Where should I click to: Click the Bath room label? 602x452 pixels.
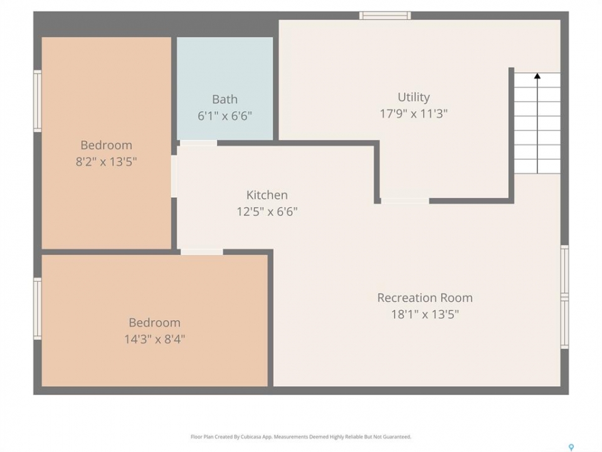[224, 99]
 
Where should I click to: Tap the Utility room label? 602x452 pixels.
[413, 97]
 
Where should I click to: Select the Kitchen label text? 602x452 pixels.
[267, 195]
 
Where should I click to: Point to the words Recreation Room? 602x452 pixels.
[425, 298]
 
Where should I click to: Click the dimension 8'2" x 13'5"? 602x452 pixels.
[106, 161]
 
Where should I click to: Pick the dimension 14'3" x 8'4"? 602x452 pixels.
[154, 339]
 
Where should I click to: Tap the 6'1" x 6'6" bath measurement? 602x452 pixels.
[224, 116]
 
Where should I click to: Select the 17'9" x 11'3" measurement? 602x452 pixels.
[413, 114]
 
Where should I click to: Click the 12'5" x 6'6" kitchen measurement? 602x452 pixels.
[267, 212]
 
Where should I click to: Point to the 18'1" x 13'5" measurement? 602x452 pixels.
[425, 315]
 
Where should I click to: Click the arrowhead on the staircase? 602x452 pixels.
[537, 76]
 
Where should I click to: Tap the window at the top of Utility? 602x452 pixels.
[385, 15]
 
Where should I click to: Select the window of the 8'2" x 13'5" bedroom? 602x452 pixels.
[37, 101]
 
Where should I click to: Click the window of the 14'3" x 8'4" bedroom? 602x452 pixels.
[37, 309]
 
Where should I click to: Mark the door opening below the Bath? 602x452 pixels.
[199, 143]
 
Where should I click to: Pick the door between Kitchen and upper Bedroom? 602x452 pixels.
[174, 176]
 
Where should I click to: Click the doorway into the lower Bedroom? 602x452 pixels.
[201, 252]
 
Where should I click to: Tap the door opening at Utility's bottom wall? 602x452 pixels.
[405, 201]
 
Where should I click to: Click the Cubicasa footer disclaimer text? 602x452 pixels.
[300, 437]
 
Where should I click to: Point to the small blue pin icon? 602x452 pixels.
[571, 447]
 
